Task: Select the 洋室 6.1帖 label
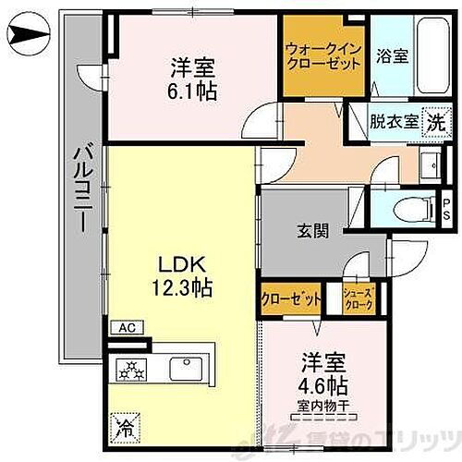pyautogui.click(x=191, y=78)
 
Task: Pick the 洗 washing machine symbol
pyautogui.click(x=433, y=120)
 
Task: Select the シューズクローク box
pyautogui.click(x=358, y=298)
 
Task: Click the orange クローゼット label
pyautogui.click(x=291, y=298)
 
